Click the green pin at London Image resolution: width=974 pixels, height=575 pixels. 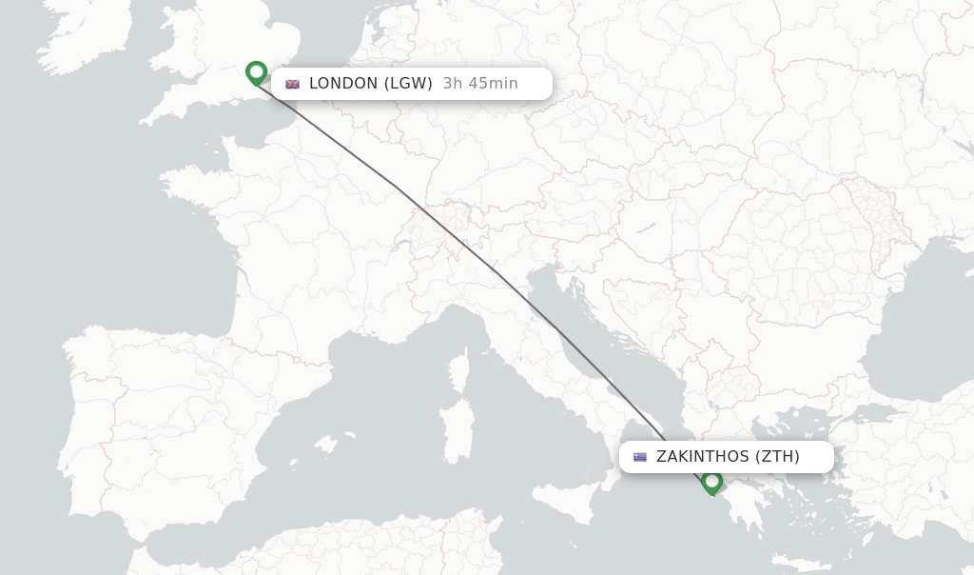[256, 72]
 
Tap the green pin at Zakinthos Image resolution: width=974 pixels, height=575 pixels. [711, 482]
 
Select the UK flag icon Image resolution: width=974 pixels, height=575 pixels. [292, 84]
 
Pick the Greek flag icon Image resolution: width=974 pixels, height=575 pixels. [640, 457]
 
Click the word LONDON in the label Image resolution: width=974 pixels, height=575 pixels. [343, 84]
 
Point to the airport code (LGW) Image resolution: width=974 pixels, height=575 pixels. [408, 84]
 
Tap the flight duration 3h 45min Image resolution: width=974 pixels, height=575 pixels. [480, 84]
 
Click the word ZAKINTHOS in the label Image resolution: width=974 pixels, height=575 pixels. [702, 457]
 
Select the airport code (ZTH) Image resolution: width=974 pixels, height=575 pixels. [777, 457]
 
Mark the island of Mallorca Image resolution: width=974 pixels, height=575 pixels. [325, 445]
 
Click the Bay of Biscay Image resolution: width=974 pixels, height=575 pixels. [171, 276]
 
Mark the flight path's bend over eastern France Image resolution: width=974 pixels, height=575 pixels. [395, 187]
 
